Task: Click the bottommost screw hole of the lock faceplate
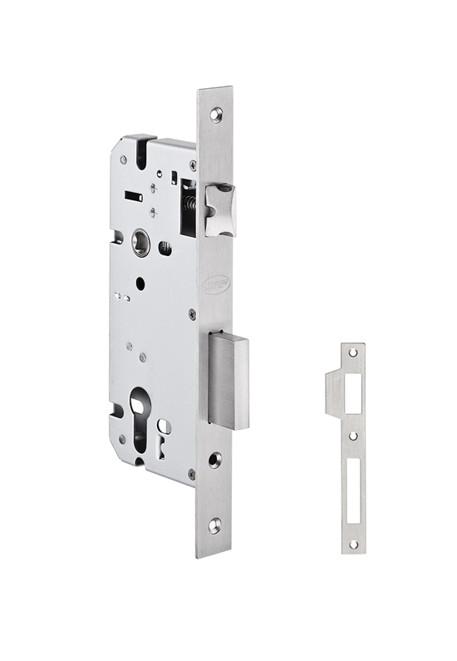coord(214,524)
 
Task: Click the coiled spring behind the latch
coord(190,205)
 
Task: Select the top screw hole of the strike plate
coord(353,353)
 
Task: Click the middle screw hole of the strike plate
coord(352,435)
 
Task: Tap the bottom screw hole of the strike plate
coord(352,545)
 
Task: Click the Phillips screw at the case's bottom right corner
coord(190,474)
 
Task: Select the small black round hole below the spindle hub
coord(139,284)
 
